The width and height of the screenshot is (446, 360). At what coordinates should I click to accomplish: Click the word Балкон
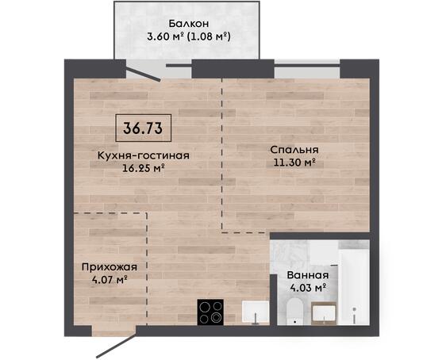pyautogui.click(x=189, y=23)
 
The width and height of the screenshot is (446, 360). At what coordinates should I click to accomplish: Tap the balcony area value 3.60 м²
pyautogui.click(x=165, y=36)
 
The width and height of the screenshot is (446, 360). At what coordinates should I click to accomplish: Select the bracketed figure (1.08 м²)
pyautogui.click(x=209, y=36)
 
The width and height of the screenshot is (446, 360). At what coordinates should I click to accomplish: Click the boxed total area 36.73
pyautogui.click(x=143, y=128)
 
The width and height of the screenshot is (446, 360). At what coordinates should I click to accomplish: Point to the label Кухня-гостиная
pyautogui.click(x=144, y=155)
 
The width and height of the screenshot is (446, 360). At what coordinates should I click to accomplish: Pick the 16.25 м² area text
pyautogui.click(x=144, y=168)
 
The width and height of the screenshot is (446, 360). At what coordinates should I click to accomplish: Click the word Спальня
pyautogui.click(x=294, y=150)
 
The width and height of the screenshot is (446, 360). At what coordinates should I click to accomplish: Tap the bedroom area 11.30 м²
pyautogui.click(x=294, y=163)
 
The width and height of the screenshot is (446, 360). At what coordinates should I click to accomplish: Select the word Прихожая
pyautogui.click(x=110, y=267)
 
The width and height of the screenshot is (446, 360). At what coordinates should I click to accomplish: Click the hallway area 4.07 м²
pyautogui.click(x=110, y=280)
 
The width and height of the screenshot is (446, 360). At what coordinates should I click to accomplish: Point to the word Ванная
pyautogui.click(x=308, y=275)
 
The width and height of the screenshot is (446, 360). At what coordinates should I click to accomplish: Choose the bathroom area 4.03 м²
pyautogui.click(x=308, y=288)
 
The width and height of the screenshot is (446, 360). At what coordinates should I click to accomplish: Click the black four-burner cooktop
pyautogui.click(x=210, y=312)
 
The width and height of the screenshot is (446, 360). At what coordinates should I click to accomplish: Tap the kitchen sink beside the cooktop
pyautogui.click(x=256, y=312)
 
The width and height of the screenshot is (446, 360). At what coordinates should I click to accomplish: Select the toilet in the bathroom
pyautogui.click(x=294, y=312)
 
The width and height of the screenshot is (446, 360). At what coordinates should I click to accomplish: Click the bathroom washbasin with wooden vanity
pyautogui.click(x=325, y=313)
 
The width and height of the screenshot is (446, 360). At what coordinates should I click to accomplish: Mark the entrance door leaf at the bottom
pyautogui.click(x=117, y=347)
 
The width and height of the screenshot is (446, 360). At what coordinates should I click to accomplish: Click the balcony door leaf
pyautogui.click(x=143, y=75)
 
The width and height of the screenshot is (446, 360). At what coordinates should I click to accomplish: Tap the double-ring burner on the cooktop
pyautogui.click(x=216, y=317)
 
